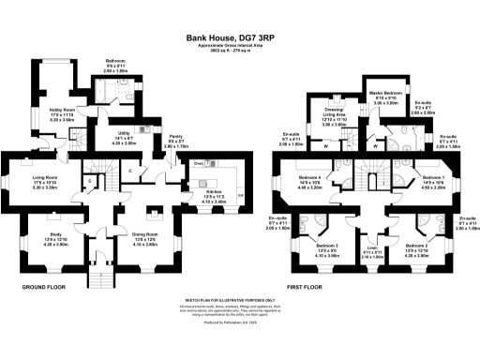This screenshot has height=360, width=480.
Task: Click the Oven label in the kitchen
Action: click(x=198, y=163)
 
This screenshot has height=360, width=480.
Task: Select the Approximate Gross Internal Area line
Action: click(x=239, y=50)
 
